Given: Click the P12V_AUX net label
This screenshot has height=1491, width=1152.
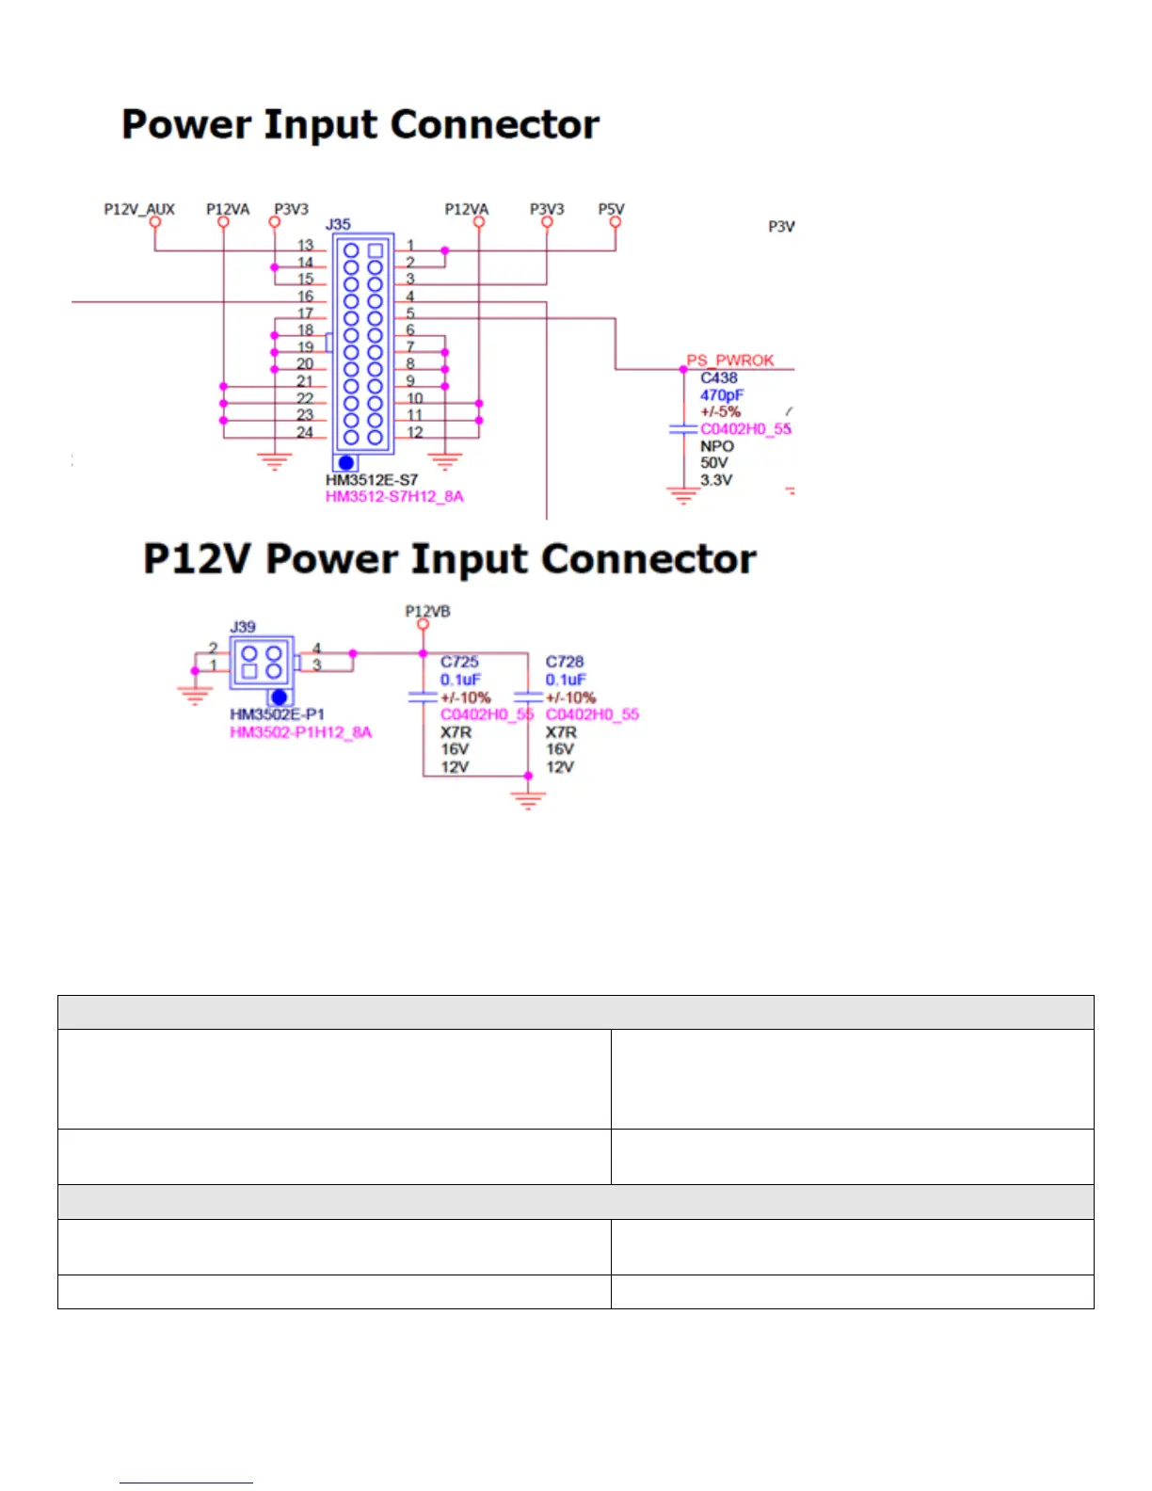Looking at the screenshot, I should (x=139, y=209).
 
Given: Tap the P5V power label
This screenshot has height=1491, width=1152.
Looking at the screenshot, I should (x=611, y=209).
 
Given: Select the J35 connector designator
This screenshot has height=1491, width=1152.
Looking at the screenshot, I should (x=338, y=225).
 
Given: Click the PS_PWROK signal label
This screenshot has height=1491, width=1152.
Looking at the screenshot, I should (x=730, y=360).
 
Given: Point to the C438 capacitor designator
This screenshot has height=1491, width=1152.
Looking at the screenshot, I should (x=719, y=377).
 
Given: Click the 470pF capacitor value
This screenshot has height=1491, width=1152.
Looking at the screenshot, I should (x=722, y=395).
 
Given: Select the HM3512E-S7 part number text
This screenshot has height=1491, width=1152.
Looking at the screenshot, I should (x=372, y=480).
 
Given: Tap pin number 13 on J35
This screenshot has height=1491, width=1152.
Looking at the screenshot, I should (x=305, y=245).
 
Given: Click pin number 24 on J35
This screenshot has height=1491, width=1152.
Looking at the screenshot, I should (x=305, y=432).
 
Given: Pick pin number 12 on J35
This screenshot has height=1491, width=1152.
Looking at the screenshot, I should (x=415, y=432).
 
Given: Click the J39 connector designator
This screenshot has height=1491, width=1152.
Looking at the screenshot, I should (x=243, y=627).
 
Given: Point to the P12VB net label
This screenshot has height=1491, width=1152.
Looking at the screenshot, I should (x=427, y=611).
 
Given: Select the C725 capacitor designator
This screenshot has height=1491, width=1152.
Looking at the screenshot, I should (x=459, y=662).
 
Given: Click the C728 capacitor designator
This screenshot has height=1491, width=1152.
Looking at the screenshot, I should (x=565, y=662).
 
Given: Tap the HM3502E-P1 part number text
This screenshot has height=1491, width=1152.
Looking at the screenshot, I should (x=277, y=714).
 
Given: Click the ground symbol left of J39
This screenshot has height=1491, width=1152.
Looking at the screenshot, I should (x=195, y=695).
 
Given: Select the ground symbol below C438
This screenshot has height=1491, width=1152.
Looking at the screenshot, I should (x=683, y=495).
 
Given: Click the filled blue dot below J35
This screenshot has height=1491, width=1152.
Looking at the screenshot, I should (x=346, y=463).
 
